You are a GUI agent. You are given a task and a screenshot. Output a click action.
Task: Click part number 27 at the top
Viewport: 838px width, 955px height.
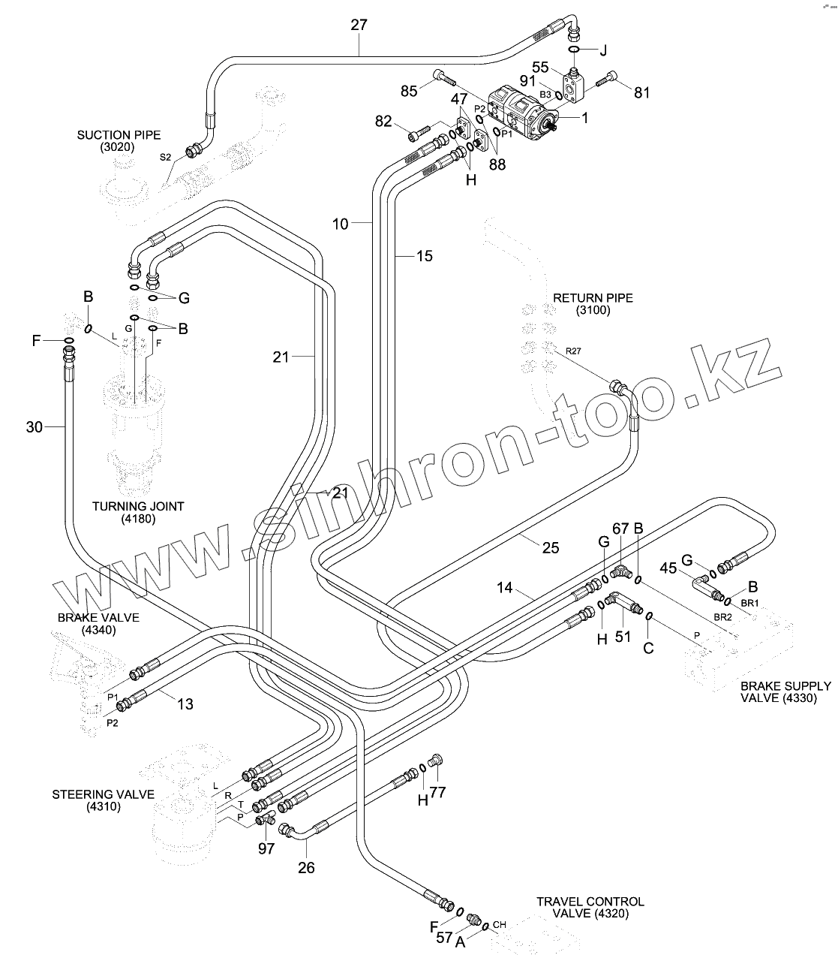(x=359, y=25)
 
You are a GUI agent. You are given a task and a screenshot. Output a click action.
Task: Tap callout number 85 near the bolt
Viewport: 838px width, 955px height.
(x=409, y=92)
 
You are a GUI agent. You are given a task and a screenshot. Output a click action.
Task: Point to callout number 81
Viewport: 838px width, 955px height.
(x=642, y=93)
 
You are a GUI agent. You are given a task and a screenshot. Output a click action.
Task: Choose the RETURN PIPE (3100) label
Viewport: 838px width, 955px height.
(x=593, y=304)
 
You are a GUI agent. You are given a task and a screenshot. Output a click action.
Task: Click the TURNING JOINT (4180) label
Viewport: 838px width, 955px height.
(x=138, y=512)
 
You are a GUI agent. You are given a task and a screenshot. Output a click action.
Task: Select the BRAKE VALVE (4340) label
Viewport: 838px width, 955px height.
(x=98, y=623)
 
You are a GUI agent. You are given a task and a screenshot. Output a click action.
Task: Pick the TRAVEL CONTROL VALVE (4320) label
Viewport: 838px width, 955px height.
(x=590, y=907)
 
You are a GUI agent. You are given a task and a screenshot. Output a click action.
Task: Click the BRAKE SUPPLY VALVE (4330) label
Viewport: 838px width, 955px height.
(x=785, y=691)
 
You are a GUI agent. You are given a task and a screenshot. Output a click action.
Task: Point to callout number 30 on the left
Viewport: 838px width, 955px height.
(x=35, y=427)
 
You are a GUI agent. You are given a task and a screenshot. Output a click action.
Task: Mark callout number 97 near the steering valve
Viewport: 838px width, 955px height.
(x=266, y=848)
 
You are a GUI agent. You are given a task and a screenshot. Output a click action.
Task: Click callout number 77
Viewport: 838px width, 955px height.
(x=437, y=792)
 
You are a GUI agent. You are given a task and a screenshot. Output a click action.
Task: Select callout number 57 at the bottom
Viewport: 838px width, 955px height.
(x=445, y=938)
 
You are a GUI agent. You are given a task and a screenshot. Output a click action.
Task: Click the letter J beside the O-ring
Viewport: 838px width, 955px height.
(x=602, y=51)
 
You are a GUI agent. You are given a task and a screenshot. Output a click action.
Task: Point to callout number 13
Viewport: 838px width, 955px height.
(x=185, y=703)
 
